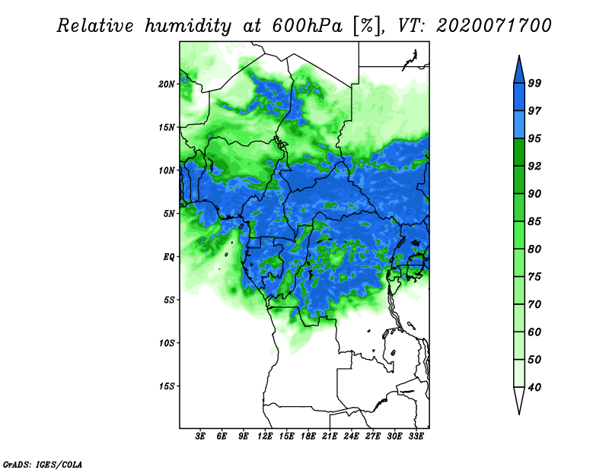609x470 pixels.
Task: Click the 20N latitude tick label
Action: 167,84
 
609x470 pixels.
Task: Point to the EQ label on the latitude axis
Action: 169,257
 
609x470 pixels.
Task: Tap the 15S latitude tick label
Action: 167,386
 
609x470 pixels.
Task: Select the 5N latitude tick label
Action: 169,214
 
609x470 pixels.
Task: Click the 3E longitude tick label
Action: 200,437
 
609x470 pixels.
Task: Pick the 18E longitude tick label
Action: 308,437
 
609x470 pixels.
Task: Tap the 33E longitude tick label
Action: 416,437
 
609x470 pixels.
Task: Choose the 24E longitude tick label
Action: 351,437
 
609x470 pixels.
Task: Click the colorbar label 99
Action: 534,83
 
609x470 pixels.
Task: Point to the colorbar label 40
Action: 534,387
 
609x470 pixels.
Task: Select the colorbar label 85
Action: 534,221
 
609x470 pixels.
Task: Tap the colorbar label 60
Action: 534,332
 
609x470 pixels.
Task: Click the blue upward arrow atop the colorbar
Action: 519,71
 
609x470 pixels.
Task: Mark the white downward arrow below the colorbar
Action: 519,400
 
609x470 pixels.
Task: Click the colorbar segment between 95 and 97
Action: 519,125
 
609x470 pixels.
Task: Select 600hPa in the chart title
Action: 308,26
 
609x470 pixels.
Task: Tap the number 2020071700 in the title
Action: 493,26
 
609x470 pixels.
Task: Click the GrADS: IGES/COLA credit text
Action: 43,464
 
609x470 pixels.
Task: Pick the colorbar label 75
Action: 534,277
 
